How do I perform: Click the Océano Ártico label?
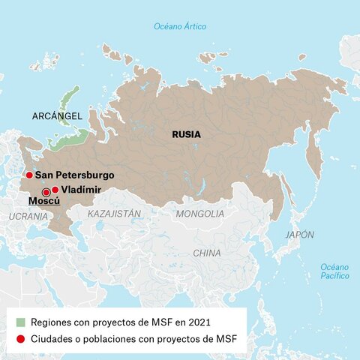click(x=180, y=26)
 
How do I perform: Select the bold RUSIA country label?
click(x=186, y=135)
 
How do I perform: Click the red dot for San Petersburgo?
click(x=29, y=175)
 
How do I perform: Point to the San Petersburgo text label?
click(x=74, y=175)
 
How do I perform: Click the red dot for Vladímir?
click(x=55, y=190)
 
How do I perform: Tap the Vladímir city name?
click(x=81, y=190)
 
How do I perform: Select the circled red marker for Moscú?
click(x=46, y=193)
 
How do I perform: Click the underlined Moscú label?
click(x=43, y=202)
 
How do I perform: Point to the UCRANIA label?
click(x=28, y=216)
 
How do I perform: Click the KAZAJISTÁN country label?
click(x=114, y=214)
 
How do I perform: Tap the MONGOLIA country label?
click(x=199, y=214)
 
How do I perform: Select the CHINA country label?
click(x=207, y=253)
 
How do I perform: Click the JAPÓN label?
click(x=299, y=235)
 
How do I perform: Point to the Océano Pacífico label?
click(x=334, y=271)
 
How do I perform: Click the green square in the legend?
click(x=20, y=322)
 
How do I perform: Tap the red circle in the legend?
click(x=20, y=340)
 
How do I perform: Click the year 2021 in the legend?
click(x=198, y=322)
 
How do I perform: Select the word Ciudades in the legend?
click(x=53, y=340)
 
